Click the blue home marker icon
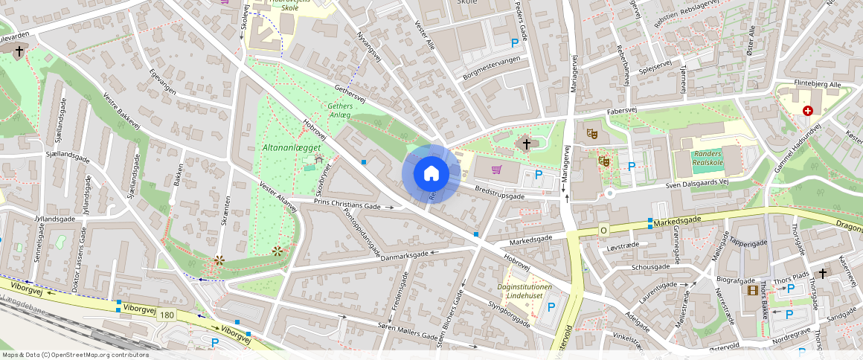tap(431, 173)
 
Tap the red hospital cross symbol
tap(807, 111)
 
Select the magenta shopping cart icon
tap(496, 170)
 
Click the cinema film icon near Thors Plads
tap(753, 289)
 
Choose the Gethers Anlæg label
tap(340, 111)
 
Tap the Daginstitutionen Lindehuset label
tap(524, 292)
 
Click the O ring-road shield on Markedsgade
tap(603, 231)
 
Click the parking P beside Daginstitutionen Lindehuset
tap(551, 306)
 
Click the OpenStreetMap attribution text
tap(74, 355)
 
